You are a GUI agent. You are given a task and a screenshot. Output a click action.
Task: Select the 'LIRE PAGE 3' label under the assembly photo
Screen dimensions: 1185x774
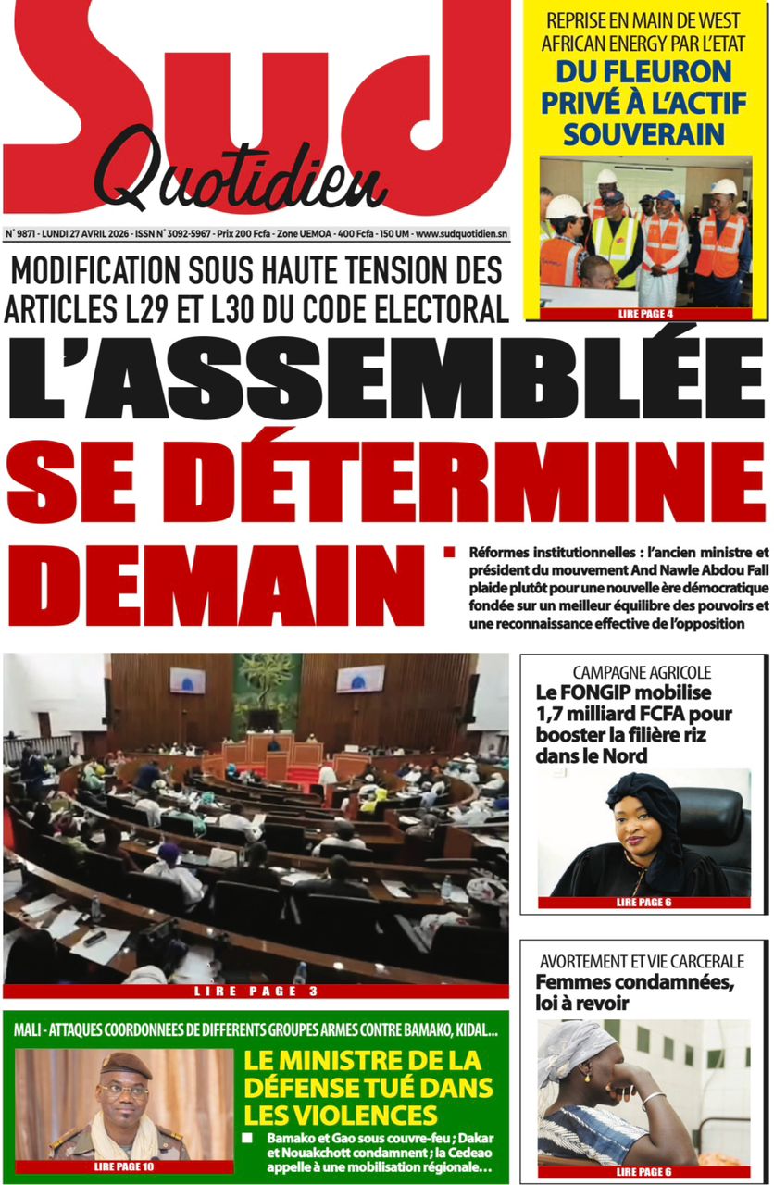click(x=256, y=992)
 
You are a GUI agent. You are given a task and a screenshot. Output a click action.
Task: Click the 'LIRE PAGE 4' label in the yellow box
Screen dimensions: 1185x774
click(x=645, y=314)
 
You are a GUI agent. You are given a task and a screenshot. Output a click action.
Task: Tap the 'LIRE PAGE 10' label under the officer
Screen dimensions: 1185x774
click(x=124, y=1166)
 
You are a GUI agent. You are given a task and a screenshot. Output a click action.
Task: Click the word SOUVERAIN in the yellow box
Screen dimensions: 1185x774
click(x=643, y=134)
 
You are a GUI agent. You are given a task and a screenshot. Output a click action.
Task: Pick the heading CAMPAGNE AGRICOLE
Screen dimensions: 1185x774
click(x=642, y=673)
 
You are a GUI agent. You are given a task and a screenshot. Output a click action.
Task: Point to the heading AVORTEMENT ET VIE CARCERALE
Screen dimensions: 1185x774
click(x=642, y=963)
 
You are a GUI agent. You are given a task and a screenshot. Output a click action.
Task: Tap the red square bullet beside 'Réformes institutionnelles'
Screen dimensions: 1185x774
click(x=450, y=553)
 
